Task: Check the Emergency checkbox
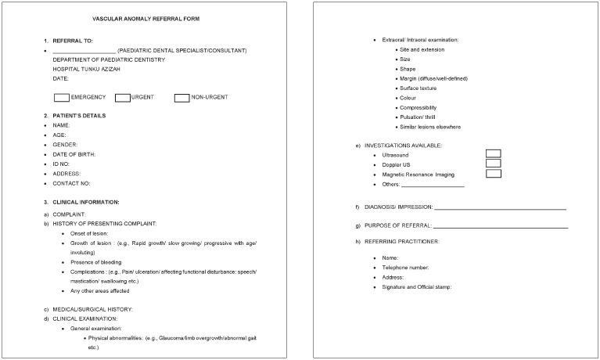tap(61, 98)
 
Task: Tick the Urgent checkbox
tap(122, 98)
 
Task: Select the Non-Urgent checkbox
tap(181, 98)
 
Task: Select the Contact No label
tap(71, 183)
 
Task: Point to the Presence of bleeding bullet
tap(96, 261)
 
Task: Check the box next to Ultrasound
tap(493, 154)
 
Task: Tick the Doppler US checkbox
tap(493, 164)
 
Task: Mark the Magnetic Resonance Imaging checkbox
tap(493, 174)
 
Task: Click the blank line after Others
tap(433, 185)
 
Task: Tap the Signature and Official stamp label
tap(417, 287)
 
